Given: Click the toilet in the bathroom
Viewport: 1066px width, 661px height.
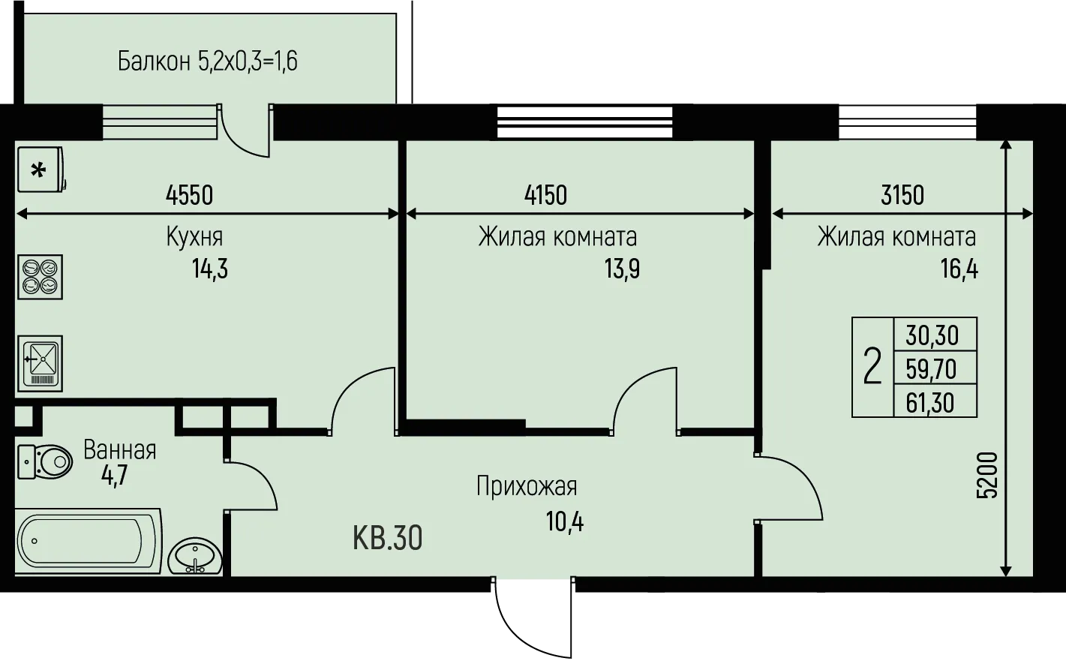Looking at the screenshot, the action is (x=45, y=461).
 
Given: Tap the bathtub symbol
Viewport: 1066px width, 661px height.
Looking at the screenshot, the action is (x=89, y=541).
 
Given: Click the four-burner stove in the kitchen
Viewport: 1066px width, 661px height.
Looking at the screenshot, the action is (x=40, y=277).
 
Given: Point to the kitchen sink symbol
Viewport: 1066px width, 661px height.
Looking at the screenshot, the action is (x=40, y=363).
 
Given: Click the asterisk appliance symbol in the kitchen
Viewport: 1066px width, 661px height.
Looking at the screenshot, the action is (x=41, y=170).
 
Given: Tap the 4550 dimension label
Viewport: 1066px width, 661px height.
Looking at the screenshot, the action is (x=189, y=195).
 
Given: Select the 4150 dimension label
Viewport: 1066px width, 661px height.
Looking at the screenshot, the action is (x=545, y=195).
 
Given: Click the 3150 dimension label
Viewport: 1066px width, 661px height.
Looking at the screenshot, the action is (x=902, y=195).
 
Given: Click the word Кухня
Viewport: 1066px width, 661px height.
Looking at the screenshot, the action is (x=194, y=236).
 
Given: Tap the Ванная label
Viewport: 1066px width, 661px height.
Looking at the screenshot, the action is (x=120, y=449).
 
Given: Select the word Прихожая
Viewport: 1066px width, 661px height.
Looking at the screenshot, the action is (x=527, y=486).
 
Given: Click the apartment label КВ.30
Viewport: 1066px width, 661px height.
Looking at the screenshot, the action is (x=387, y=538).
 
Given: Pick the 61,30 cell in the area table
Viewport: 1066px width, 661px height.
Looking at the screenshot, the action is (x=935, y=403).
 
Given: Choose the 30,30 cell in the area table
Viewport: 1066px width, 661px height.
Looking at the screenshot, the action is (x=935, y=335).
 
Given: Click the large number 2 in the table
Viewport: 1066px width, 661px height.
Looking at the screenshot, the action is (x=872, y=366).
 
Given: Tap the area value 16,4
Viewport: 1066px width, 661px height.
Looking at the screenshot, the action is (x=959, y=269).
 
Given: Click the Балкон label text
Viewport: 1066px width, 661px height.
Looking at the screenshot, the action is (x=154, y=62).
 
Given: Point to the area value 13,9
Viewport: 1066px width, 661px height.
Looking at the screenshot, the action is (x=622, y=269).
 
